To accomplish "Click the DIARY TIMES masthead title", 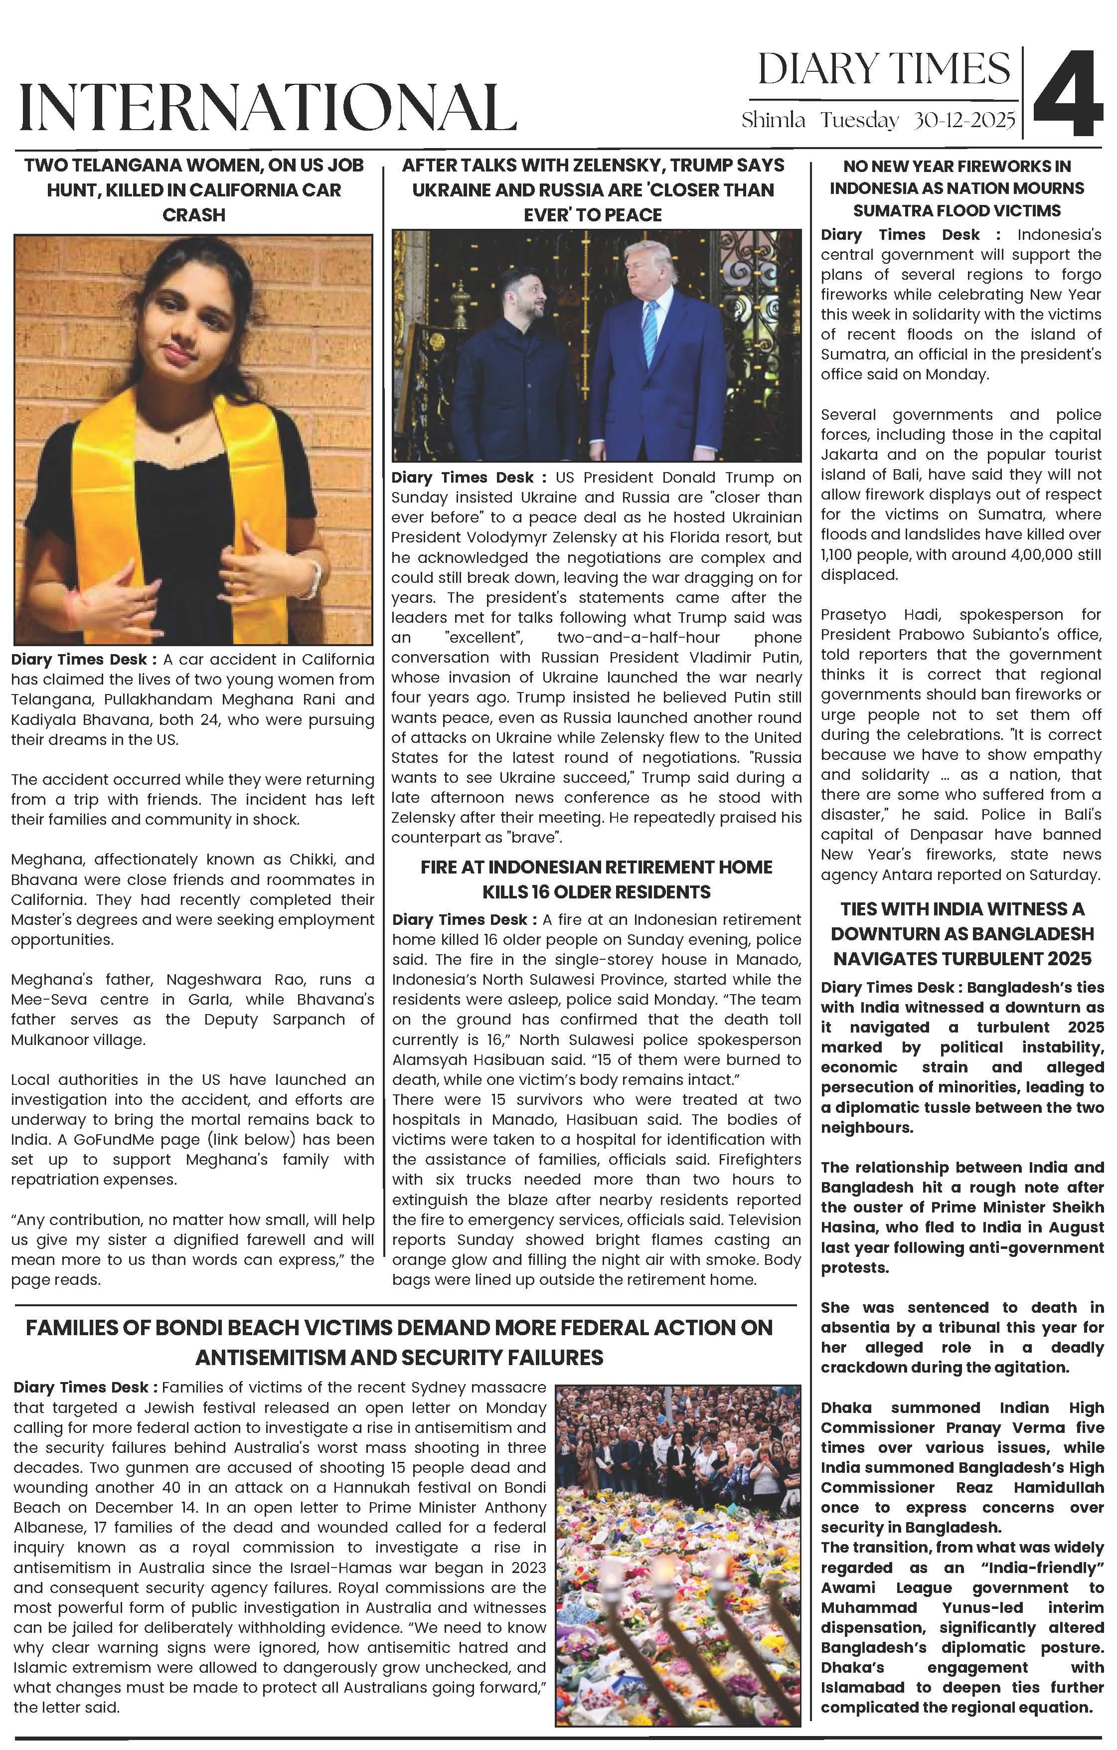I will pos(884,70).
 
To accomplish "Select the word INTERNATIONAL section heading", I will pos(268,108).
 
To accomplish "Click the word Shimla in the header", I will pos(773,121).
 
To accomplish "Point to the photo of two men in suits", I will pos(597,346).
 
